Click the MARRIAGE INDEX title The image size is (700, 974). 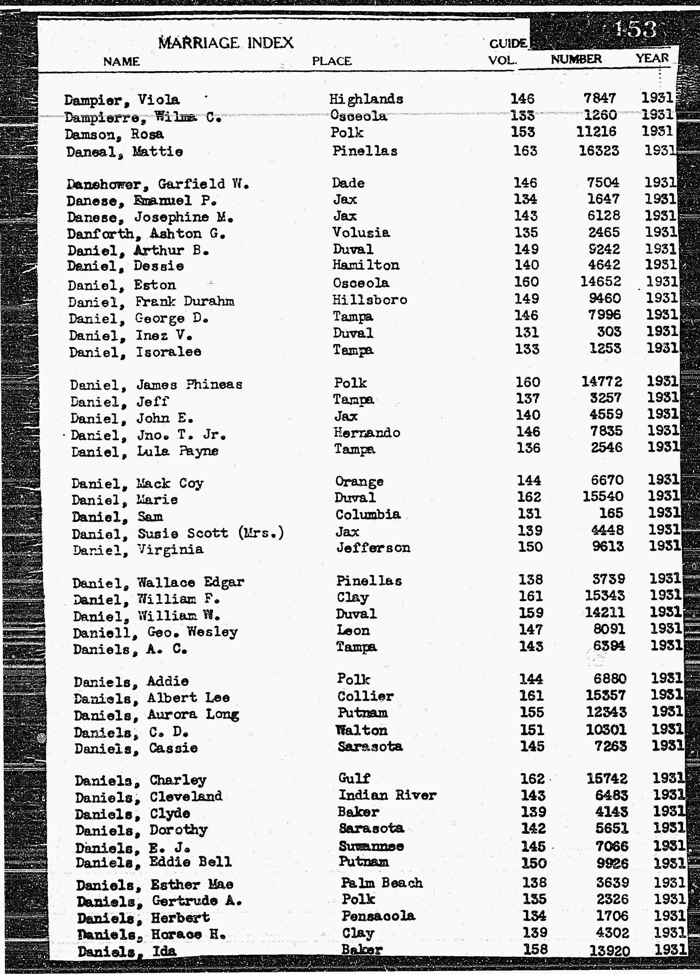226,43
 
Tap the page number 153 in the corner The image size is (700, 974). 635,30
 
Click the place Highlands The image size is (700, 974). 366,99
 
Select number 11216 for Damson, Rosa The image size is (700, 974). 597,132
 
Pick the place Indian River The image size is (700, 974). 387,795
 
